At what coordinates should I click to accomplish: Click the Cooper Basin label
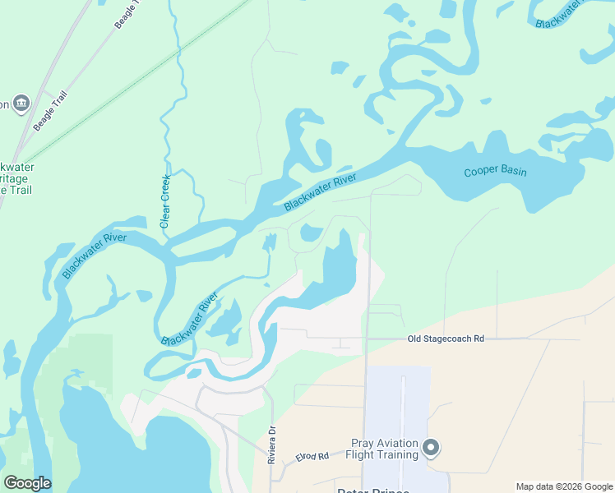coord(495,172)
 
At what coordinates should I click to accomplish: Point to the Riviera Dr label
coord(271,445)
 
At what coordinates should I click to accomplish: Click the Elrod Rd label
coord(312,456)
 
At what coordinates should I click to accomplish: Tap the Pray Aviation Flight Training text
coord(384,448)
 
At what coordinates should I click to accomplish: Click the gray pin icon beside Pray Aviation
coord(432,449)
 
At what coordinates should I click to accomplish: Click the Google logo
coord(27,482)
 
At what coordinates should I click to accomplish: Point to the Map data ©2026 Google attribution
coord(564,486)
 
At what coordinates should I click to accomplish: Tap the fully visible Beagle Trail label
coord(51,111)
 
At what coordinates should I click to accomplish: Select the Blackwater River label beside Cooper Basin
coord(321,191)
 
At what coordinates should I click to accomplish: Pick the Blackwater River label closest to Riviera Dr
coord(190,319)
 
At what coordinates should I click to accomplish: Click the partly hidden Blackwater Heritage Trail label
coord(15,177)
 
